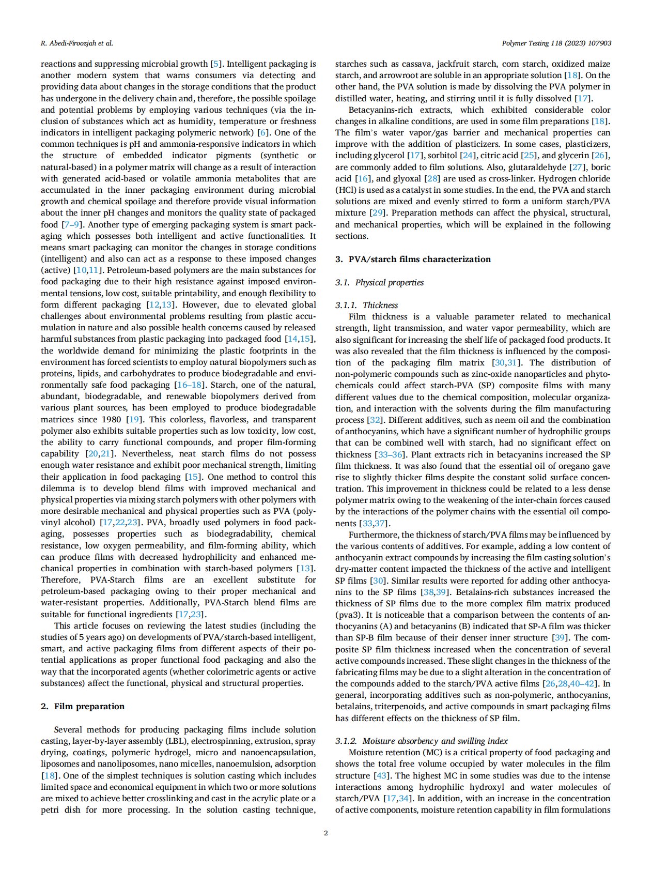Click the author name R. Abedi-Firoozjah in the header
click(x=76, y=43)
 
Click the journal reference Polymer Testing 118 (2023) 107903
click(x=556, y=43)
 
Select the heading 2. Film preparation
click(x=83, y=706)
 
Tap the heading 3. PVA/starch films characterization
click(x=413, y=259)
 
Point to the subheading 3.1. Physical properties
click(x=379, y=282)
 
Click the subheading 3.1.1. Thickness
click(x=366, y=305)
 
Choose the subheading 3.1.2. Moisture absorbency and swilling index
click(x=421, y=741)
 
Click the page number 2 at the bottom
click(x=325, y=832)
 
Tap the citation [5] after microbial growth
click(x=216, y=64)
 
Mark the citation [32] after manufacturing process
click(x=375, y=420)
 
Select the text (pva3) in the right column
click(x=348, y=615)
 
